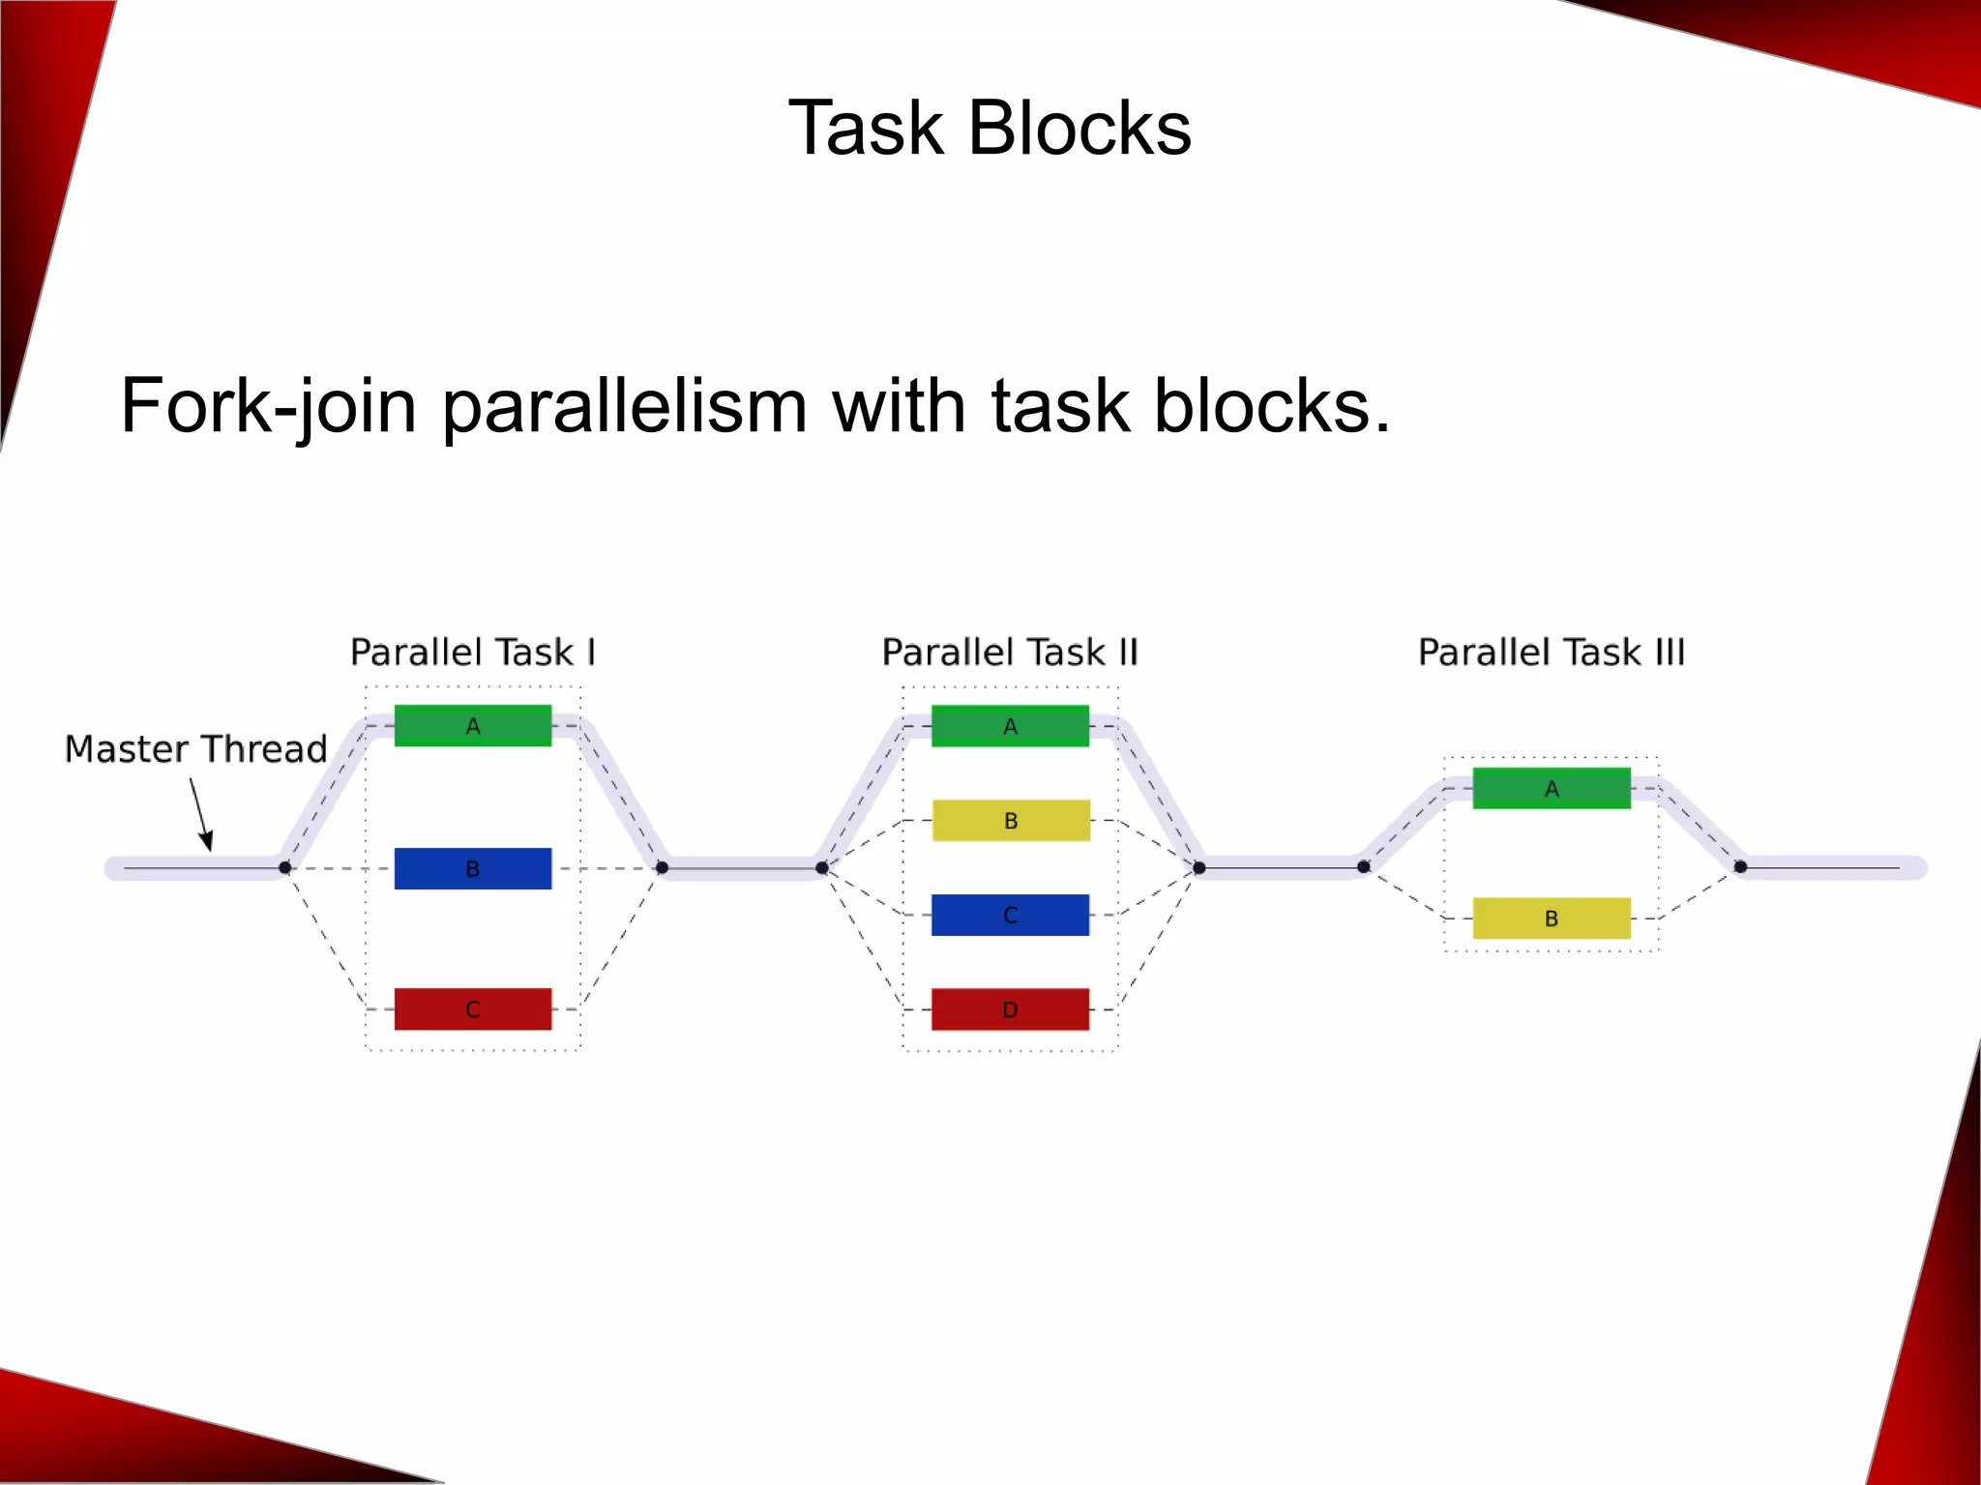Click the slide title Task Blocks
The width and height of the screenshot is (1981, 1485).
pos(990,128)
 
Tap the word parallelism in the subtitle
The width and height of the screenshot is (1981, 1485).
pos(624,406)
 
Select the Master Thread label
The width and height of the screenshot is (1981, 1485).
pos(195,749)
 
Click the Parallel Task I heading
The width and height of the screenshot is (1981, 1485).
pos(472,653)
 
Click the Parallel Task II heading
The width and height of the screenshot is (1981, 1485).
pos(1010,653)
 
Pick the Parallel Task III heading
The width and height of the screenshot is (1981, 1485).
pos(1552,653)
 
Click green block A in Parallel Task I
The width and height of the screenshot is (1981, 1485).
pos(472,726)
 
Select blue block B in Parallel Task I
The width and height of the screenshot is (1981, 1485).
pos(472,868)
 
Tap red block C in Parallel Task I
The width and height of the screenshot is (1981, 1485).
pos(472,1009)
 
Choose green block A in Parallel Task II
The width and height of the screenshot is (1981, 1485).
pos(1010,726)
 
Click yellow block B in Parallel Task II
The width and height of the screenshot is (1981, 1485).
pos(1011,821)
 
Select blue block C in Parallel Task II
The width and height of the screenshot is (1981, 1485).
pos(1010,915)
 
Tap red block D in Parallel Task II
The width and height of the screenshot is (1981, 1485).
pos(1010,1009)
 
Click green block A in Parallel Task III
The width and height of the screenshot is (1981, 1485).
pos(1552,788)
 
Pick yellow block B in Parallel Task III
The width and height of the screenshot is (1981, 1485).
pos(1552,918)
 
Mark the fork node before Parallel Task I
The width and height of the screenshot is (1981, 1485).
pos(284,867)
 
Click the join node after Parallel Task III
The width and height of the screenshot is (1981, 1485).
pos(1740,866)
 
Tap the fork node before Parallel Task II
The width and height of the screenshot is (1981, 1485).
pos(821,867)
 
